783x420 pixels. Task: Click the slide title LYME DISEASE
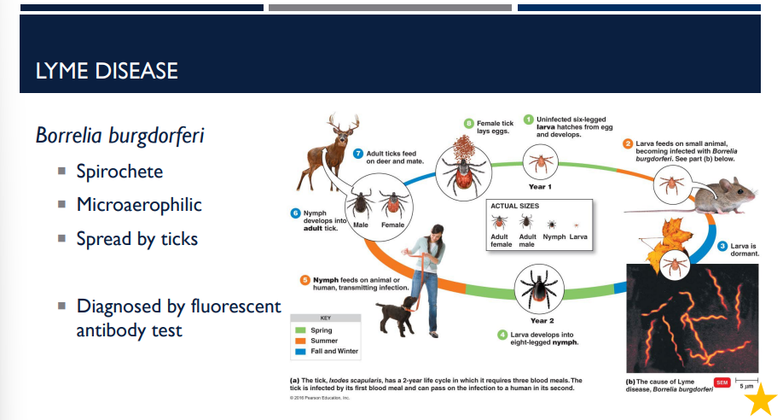[x=107, y=70]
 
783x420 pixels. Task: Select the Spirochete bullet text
[x=119, y=172]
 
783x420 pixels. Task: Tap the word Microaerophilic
[x=139, y=205]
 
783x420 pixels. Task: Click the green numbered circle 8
[x=468, y=123]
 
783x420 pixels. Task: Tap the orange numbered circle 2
[x=628, y=144]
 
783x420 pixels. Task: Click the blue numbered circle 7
[x=358, y=153]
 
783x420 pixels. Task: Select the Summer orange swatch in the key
[x=299, y=341]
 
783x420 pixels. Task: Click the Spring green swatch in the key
[x=299, y=330]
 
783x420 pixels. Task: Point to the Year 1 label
[x=540, y=186]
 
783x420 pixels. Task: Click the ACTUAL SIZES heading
[x=517, y=206]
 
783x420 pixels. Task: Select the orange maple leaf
[x=664, y=242]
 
